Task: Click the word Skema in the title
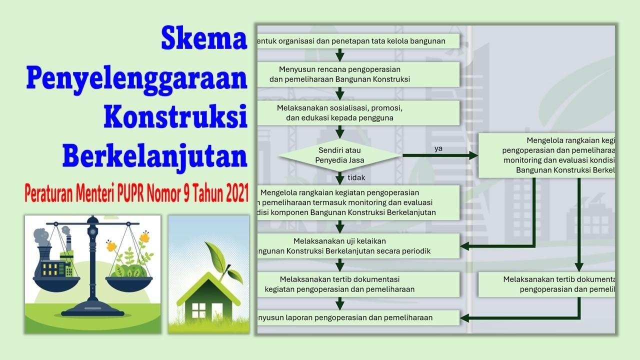pos(204,38)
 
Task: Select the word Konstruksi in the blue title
pos(175,117)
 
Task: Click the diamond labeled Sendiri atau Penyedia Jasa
pos(339,155)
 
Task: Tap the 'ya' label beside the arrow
pos(438,148)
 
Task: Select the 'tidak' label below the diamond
pos(356,177)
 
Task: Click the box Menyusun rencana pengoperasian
pos(357,74)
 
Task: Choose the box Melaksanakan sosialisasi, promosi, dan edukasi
pos(357,113)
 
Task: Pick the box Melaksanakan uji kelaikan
pos(357,246)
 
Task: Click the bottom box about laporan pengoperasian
pos(357,317)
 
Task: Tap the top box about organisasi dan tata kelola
pos(357,41)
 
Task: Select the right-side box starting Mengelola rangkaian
pos(546,155)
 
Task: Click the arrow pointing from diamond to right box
pos(440,156)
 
